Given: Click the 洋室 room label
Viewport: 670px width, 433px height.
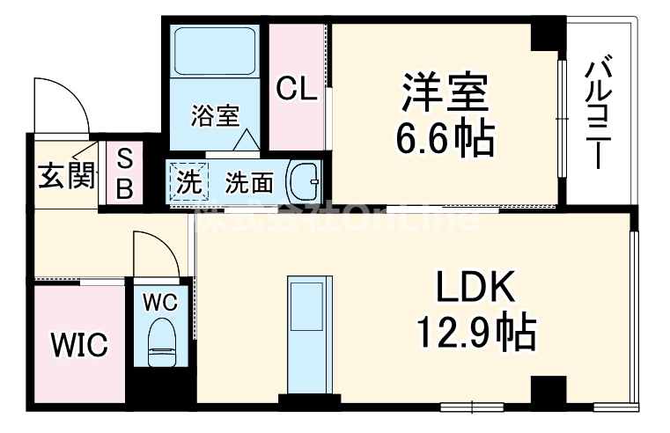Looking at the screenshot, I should pyautogui.click(x=445, y=94).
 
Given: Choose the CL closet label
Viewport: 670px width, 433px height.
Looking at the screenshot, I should pyautogui.click(x=296, y=88).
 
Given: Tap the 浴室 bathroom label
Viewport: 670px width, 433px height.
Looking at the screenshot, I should pyautogui.click(x=215, y=116).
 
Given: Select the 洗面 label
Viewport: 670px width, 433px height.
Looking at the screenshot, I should pyautogui.click(x=248, y=183).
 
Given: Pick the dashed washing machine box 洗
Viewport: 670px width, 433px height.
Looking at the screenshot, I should pyautogui.click(x=188, y=182).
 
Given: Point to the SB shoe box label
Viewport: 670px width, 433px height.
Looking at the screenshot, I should pyautogui.click(x=125, y=173).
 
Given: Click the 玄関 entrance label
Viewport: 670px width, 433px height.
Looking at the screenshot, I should pyautogui.click(x=65, y=176).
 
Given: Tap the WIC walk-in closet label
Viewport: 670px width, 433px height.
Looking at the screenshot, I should pyautogui.click(x=77, y=343).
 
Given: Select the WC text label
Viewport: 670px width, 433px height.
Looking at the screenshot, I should pyautogui.click(x=161, y=301).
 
